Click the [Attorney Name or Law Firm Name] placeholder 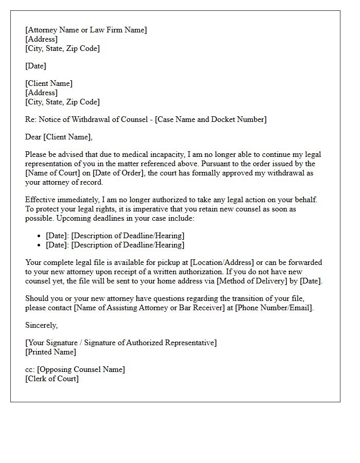86,30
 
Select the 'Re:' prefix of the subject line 31,119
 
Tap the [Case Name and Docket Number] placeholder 210,119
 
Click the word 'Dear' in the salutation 33,137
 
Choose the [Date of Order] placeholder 118,173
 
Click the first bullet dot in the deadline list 40,236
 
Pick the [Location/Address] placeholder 222,262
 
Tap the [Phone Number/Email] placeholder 274,308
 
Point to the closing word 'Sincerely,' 42,325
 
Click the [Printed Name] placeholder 50,352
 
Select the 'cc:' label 30,369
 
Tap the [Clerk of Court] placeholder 52,379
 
